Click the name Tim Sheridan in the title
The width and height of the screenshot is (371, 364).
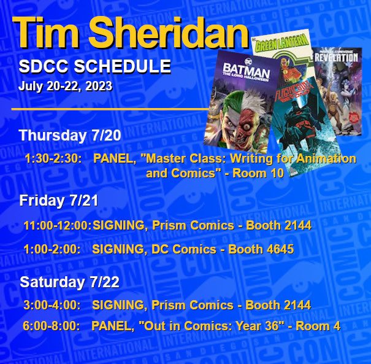tap(130, 33)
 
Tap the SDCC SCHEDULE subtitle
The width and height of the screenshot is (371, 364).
tap(94, 66)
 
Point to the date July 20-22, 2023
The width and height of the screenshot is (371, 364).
tap(65, 86)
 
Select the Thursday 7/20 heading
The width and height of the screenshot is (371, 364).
tap(70, 136)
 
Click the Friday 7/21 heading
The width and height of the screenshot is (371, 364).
tap(59, 200)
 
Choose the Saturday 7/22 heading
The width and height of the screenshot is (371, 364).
tap(69, 282)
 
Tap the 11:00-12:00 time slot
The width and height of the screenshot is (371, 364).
tap(58, 225)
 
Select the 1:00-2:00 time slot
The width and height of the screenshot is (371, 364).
tap(52, 249)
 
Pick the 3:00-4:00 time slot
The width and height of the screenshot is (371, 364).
tap(52, 305)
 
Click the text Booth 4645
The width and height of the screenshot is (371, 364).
tap(261, 249)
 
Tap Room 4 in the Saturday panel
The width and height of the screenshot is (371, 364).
tap(318, 326)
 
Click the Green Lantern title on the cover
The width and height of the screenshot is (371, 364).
tap(280, 42)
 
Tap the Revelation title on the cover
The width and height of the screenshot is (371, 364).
tap(337, 58)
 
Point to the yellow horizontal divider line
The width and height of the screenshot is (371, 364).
tap(110, 109)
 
